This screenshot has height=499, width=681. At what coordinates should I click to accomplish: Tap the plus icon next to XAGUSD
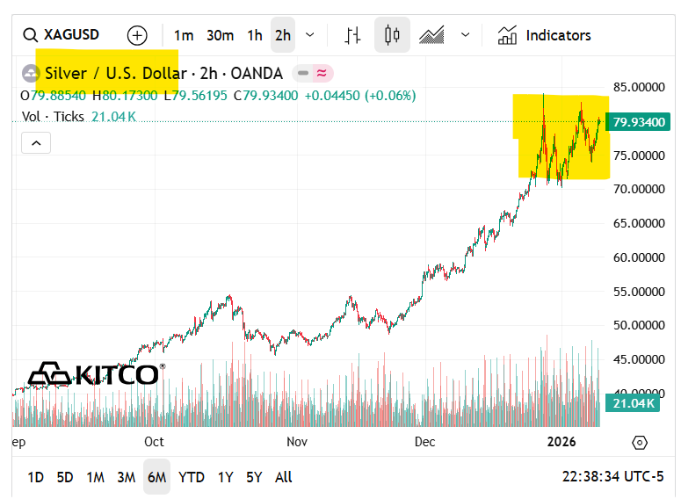(137, 35)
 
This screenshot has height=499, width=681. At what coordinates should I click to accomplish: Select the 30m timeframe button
(220, 35)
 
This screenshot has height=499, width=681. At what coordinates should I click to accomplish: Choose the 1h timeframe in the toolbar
(255, 35)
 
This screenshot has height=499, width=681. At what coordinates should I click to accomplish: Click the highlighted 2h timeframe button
(282, 35)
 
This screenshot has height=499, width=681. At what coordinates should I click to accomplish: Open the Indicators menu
(545, 35)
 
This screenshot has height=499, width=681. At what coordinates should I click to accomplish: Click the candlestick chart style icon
(392, 35)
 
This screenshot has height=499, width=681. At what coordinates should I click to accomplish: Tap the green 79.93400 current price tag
(638, 122)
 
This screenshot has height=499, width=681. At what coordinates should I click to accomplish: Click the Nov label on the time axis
(297, 442)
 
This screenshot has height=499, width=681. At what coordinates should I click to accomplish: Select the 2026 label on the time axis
(561, 442)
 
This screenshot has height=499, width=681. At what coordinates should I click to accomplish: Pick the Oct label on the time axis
(155, 442)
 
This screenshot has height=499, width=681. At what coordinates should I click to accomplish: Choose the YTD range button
(192, 477)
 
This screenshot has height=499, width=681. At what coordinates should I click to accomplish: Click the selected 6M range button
(157, 477)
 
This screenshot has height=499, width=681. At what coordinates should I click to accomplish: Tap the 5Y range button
(254, 477)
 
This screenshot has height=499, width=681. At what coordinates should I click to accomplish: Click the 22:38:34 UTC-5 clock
(612, 477)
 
